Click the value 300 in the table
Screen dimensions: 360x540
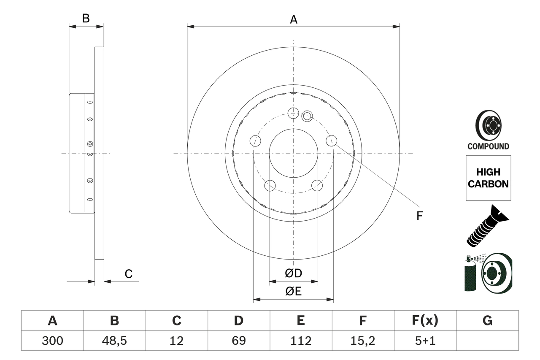(x=52, y=341)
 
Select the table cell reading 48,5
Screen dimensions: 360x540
(x=114, y=341)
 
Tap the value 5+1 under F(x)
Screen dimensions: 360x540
(x=425, y=341)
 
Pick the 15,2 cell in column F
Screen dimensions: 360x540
(x=363, y=341)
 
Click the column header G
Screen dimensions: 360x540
(x=487, y=321)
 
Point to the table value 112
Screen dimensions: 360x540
(x=300, y=341)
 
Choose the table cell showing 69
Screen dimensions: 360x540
(x=238, y=341)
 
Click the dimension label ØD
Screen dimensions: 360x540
(x=294, y=273)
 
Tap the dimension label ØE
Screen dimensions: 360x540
(x=294, y=292)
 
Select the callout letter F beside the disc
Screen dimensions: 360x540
(x=419, y=216)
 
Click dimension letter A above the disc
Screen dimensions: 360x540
(x=294, y=19)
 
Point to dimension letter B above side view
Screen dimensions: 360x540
(x=86, y=19)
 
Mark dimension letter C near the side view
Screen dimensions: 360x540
(x=129, y=274)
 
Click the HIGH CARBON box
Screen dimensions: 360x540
(x=488, y=178)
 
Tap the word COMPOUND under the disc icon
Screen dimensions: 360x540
(x=488, y=146)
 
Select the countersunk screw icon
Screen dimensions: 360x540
(x=487, y=226)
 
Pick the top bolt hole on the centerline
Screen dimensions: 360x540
(x=293, y=113)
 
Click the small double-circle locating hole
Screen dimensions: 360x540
(x=307, y=115)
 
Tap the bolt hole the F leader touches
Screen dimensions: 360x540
(x=332, y=141)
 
